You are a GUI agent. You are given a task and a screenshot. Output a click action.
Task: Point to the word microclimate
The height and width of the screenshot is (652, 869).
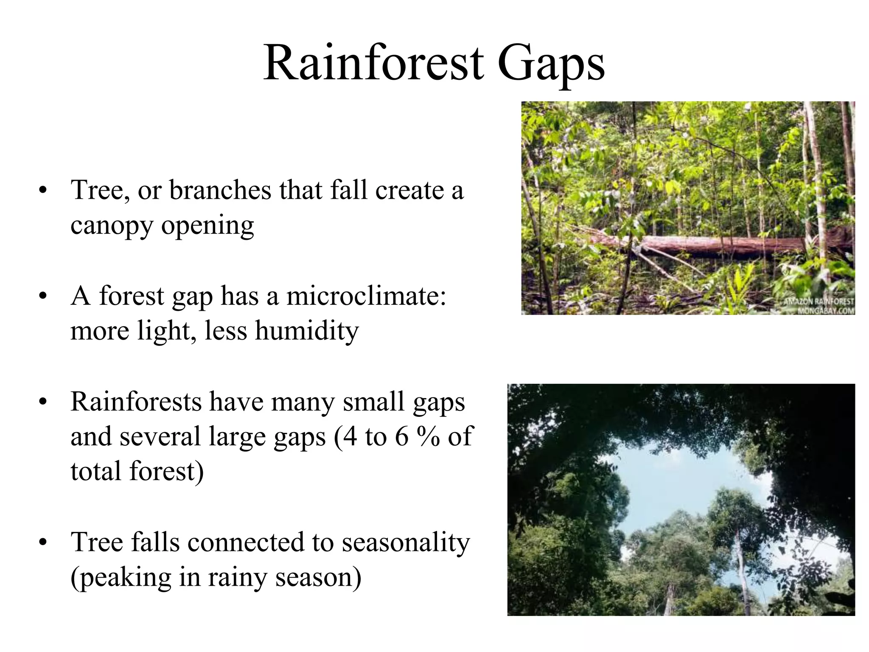(366, 296)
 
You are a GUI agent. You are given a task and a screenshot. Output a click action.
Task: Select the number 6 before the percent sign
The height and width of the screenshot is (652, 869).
(401, 437)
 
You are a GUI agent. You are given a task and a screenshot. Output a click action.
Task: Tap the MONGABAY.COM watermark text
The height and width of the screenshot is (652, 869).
(826, 311)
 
